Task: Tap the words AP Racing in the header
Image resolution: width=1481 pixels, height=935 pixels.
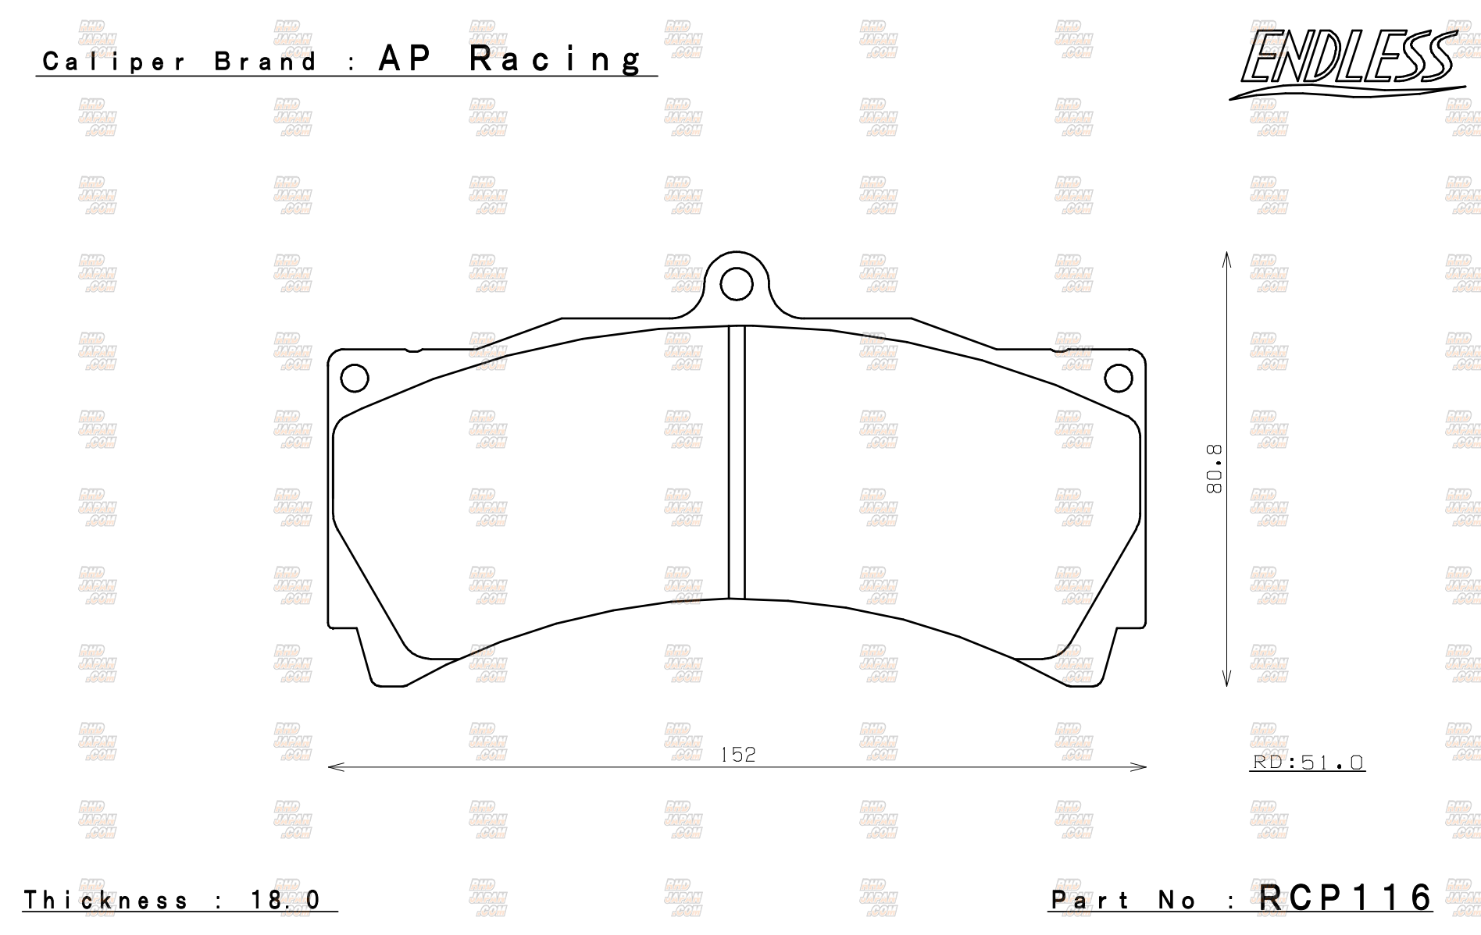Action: [x=512, y=59]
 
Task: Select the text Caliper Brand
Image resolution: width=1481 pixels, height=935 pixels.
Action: [x=180, y=62]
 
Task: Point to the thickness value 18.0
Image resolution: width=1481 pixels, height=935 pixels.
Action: [x=285, y=900]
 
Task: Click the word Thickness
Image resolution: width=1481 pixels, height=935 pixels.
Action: [x=106, y=900]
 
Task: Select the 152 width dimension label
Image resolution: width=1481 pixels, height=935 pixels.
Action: [x=738, y=755]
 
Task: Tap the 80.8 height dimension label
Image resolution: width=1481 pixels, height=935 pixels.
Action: [x=1214, y=469]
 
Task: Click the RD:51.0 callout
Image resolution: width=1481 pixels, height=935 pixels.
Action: [x=1308, y=762]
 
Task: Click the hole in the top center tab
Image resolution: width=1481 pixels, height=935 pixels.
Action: [x=737, y=285]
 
